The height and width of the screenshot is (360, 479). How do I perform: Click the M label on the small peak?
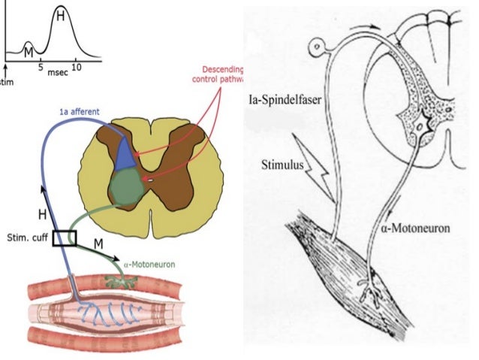[x=28, y=50]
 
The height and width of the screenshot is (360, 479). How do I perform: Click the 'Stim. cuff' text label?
[x=25, y=237]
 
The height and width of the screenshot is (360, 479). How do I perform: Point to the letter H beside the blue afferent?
[x=42, y=215]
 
